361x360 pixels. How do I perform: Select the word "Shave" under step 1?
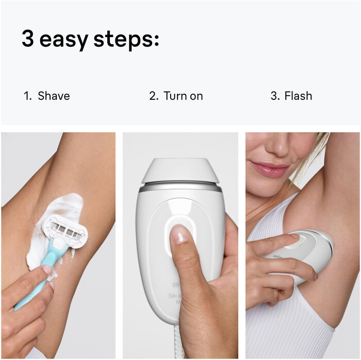click(x=54, y=96)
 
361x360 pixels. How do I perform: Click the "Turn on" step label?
click(x=183, y=96)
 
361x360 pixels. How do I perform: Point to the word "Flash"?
click(x=298, y=96)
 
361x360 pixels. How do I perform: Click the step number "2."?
click(x=154, y=96)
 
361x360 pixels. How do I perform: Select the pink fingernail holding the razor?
click(x=47, y=269)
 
